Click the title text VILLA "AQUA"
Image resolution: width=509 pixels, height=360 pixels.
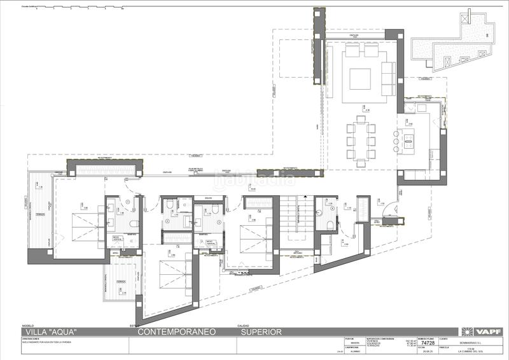(51, 332)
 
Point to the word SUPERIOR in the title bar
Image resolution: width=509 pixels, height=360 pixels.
(261, 332)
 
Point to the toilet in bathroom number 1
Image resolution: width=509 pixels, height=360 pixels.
(133, 224)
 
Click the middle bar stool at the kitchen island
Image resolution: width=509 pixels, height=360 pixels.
(399, 138)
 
